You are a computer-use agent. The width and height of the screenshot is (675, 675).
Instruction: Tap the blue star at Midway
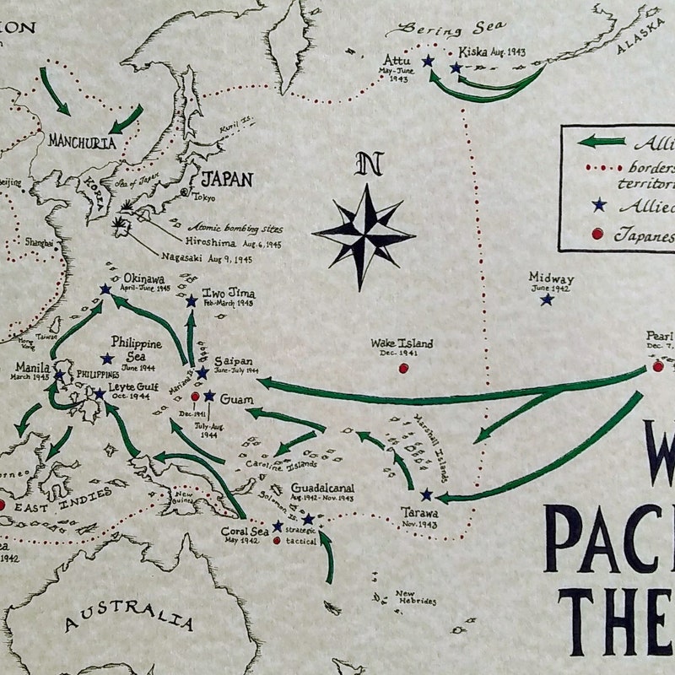[x=547, y=299]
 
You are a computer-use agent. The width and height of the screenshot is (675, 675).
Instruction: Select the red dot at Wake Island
[x=403, y=368]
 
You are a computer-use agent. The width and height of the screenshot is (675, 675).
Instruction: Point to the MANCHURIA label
[x=82, y=142]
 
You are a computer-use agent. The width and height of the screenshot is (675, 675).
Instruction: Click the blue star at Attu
[x=428, y=61]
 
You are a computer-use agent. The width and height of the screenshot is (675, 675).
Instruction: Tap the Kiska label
[x=472, y=51]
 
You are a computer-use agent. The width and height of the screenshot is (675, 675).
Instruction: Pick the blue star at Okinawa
[x=105, y=289]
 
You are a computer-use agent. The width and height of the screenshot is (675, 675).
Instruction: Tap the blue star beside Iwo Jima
[x=192, y=301]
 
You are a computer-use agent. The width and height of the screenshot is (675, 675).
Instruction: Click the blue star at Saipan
[x=202, y=372]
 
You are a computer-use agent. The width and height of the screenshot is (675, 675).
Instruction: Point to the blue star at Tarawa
[x=426, y=494]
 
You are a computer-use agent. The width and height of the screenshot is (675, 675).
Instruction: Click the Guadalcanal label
[x=322, y=488]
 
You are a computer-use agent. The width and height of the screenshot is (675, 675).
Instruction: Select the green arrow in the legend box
[x=602, y=141]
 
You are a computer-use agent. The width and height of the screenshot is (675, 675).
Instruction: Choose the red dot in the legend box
[x=597, y=234]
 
